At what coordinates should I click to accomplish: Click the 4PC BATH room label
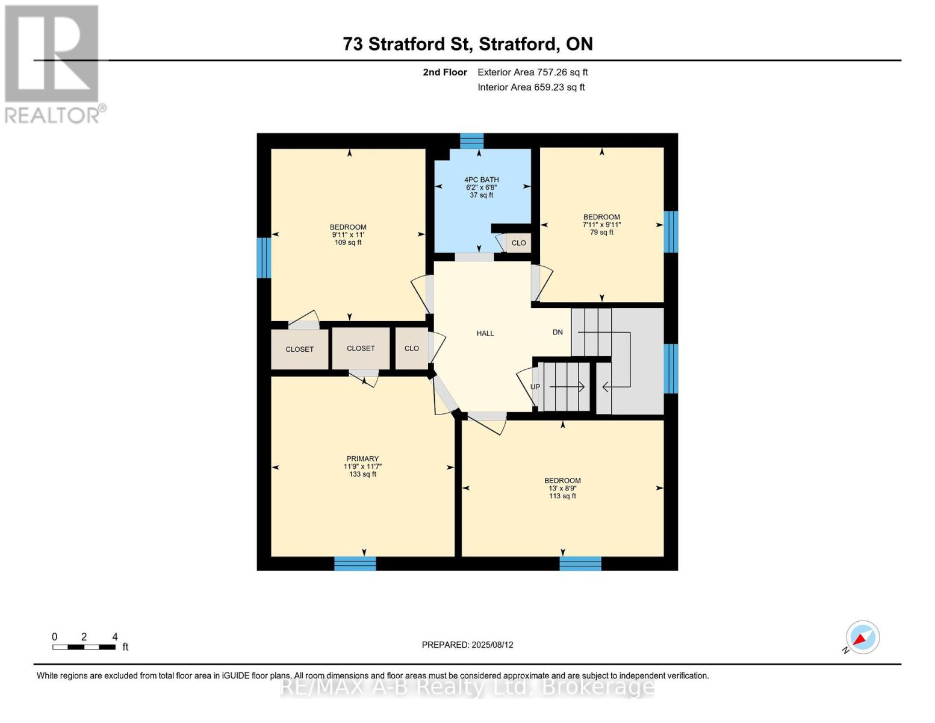click(x=482, y=180)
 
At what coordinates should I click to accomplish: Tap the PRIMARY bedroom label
click(x=362, y=459)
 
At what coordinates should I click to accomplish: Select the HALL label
click(x=485, y=333)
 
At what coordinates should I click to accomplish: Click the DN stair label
click(x=558, y=332)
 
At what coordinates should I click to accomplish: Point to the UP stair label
click(x=535, y=387)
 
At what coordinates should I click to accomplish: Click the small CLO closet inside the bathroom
click(x=518, y=243)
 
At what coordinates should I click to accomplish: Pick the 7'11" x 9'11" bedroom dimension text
click(x=601, y=225)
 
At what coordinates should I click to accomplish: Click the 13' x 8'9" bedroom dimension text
click(x=562, y=488)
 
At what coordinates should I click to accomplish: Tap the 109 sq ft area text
click(x=348, y=242)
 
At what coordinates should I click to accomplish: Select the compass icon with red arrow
click(x=862, y=637)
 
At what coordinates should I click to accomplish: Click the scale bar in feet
click(x=84, y=646)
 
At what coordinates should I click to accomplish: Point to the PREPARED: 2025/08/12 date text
click(x=467, y=645)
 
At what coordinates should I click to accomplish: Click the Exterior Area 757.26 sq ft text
click(x=533, y=72)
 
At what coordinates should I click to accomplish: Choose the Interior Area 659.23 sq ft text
click(x=532, y=87)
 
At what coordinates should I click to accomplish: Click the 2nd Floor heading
click(x=445, y=72)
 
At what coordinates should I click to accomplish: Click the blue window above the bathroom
click(x=471, y=141)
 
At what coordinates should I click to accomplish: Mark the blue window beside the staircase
click(x=671, y=369)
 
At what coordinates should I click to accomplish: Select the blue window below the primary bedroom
click(x=355, y=564)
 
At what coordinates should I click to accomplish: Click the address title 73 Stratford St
click(x=406, y=44)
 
